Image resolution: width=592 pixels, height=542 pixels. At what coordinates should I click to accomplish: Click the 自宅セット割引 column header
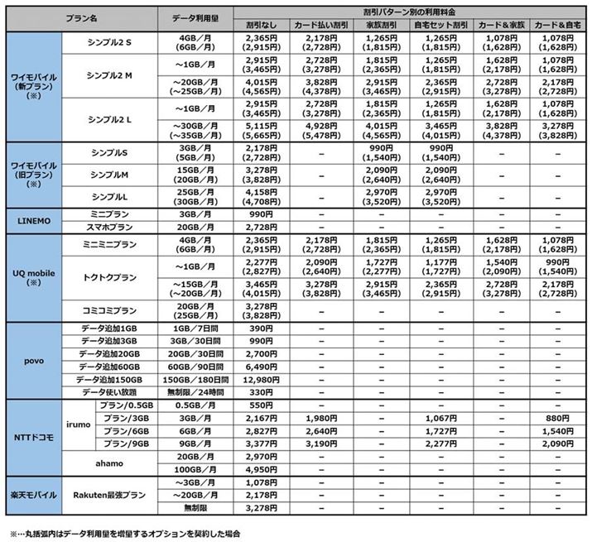440,25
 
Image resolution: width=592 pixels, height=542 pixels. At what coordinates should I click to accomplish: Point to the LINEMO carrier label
30,220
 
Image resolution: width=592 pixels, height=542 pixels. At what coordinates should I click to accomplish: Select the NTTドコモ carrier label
30,434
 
